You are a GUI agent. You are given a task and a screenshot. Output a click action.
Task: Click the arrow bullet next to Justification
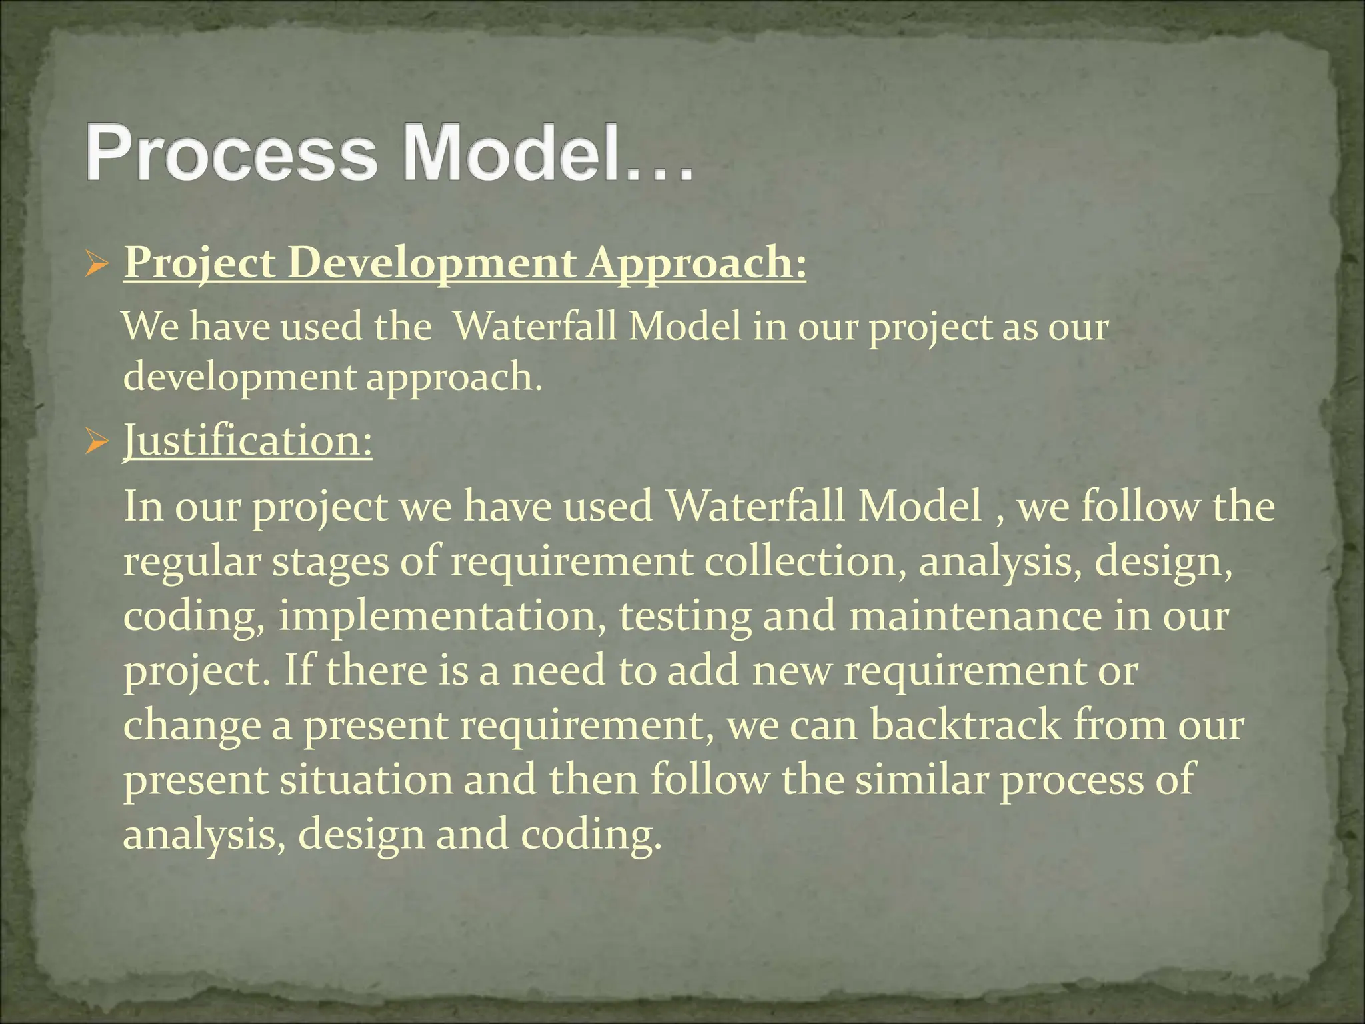[97, 443]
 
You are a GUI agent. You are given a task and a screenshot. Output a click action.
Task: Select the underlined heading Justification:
[248, 441]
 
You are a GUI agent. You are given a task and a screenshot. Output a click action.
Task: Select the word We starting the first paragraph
[151, 327]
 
